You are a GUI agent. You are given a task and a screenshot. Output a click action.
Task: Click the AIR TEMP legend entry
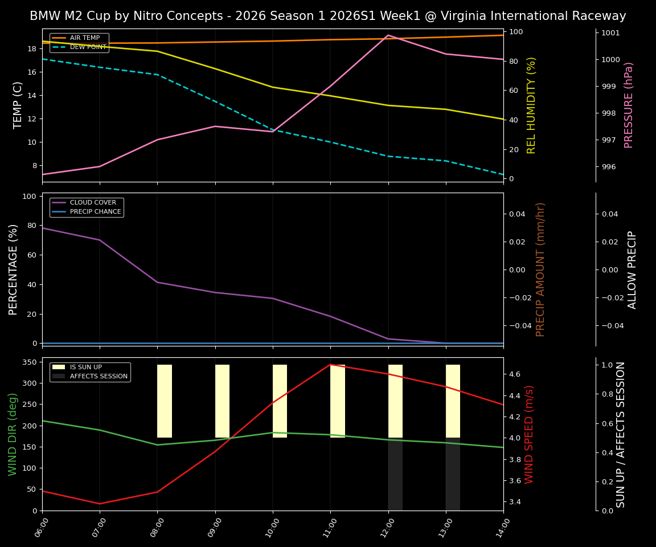click(84, 38)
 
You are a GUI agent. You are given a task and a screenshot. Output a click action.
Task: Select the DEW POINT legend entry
click(88, 47)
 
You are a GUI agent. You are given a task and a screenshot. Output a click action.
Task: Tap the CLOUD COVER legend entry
click(93, 203)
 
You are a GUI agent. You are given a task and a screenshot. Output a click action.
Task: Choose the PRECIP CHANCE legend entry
click(95, 212)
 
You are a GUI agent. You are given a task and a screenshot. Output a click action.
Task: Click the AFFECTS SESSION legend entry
click(99, 377)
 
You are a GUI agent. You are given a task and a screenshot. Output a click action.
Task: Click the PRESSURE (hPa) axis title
click(629, 105)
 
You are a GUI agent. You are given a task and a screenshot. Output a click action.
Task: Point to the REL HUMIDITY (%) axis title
click(531, 105)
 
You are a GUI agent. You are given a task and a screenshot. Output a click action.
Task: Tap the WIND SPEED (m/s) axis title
click(530, 434)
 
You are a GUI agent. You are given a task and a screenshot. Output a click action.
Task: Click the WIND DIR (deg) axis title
click(13, 434)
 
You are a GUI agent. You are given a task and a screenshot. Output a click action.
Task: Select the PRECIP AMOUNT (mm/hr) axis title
click(541, 270)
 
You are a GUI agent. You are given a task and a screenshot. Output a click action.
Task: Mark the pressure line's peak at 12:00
click(388, 35)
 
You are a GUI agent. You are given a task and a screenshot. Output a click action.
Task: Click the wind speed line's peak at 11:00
click(330, 365)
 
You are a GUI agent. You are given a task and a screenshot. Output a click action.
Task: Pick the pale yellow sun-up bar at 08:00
click(165, 401)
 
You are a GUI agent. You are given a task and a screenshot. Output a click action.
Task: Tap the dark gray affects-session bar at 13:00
click(453, 474)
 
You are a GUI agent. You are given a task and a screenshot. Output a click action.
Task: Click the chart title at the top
click(328, 16)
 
